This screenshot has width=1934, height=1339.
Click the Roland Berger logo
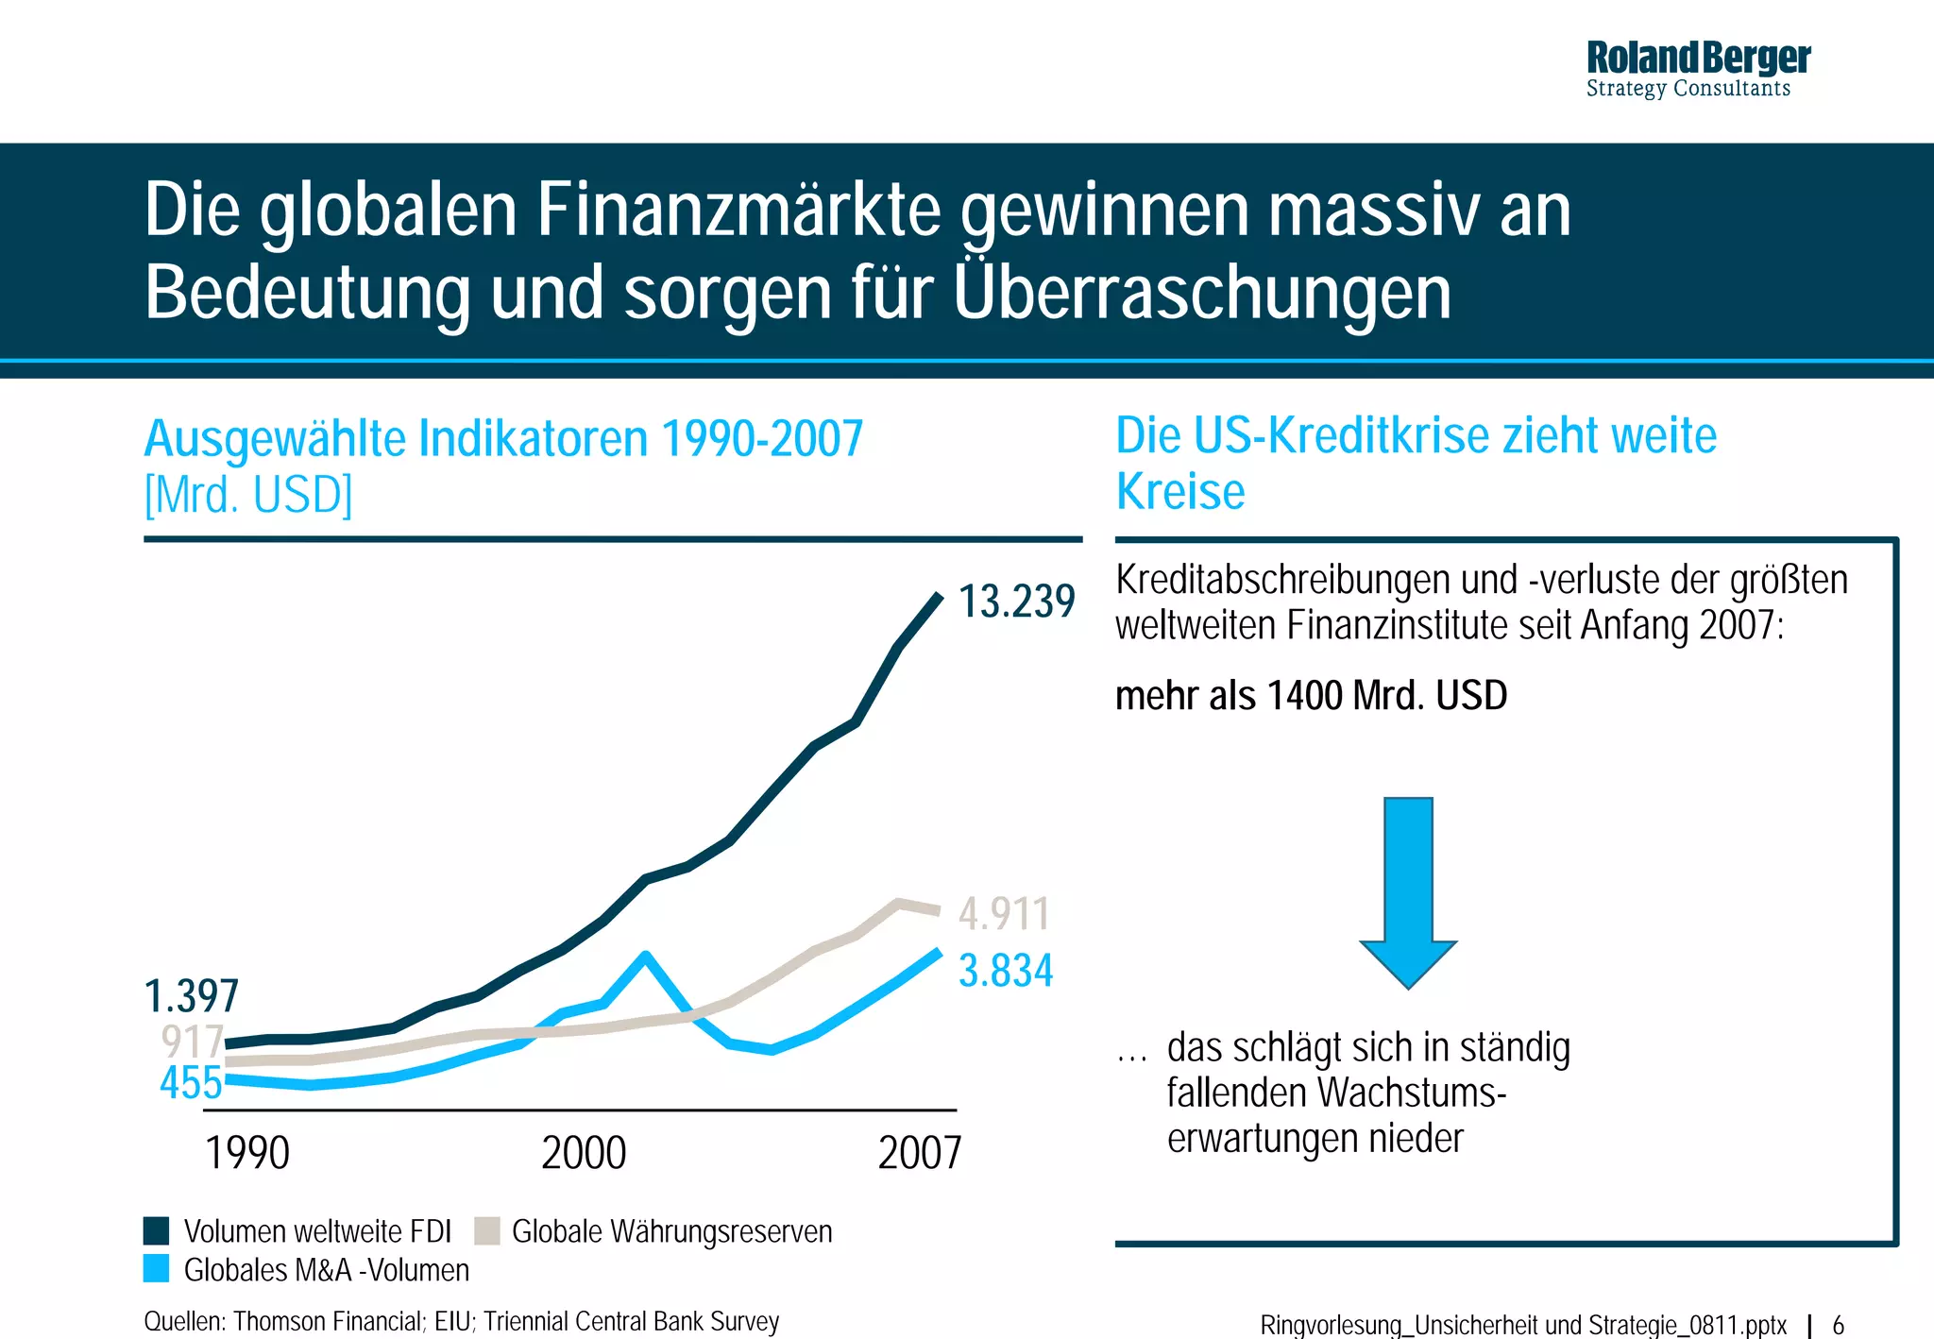click(1697, 68)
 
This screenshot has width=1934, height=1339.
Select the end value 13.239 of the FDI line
click(1016, 602)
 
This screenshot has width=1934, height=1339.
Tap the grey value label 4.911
click(1003, 913)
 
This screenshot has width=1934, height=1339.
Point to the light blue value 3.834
click(1005, 971)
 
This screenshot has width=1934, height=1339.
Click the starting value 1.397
click(191, 996)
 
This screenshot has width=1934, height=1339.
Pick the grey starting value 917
click(192, 1042)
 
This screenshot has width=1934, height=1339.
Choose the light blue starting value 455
click(191, 1082)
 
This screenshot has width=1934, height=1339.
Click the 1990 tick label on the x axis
click(247, 1153)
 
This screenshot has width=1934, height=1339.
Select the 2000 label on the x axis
click(584, 1153)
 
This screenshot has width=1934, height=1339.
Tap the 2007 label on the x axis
click(919, 1153)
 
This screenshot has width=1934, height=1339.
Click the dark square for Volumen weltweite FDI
click(156, 1230)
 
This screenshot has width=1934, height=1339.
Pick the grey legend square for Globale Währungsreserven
click(486, 1230)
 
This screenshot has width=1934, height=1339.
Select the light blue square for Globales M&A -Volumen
click(156, 1268)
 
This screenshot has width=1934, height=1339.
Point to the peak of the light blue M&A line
click(645, 956)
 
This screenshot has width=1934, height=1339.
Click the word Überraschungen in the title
click(1201, 292)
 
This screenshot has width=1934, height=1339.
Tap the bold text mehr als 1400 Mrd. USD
click(1311, 696)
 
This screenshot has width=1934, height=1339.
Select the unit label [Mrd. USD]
click(247, 494)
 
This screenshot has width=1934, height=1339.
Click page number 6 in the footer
click(1838, 1324)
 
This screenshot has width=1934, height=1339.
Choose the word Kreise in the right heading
click(1180, 491)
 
